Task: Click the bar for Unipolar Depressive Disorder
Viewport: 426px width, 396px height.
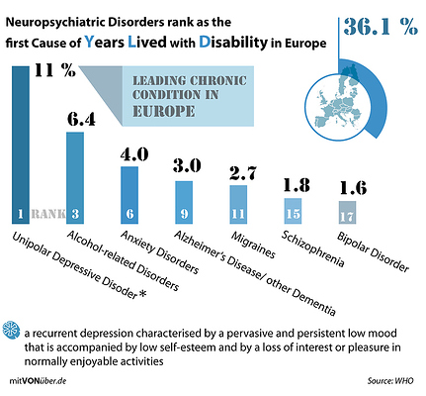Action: [21, 146]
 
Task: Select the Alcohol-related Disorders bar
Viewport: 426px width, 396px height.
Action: [75, 178]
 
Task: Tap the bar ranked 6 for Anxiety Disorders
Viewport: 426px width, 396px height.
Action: [129, 195]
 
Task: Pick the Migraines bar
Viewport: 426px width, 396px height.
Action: [238, 205]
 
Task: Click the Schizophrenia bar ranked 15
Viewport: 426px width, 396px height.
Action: [293, 211]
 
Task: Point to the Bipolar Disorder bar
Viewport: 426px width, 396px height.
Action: [347, 213]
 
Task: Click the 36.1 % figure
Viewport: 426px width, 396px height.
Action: [381, 27]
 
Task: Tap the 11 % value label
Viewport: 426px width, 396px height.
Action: [54, 69]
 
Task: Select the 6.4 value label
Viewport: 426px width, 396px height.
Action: [81, 120]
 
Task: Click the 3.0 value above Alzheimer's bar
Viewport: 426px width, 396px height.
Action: [187, 165]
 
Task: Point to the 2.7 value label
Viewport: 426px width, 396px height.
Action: [243, 173]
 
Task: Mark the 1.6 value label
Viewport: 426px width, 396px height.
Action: [353, 188]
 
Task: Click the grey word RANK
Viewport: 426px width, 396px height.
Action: [48, 214]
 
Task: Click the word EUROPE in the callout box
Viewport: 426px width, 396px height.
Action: [163, 111]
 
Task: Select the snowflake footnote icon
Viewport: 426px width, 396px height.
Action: [11, 330]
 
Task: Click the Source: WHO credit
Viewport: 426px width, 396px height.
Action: [390, 381]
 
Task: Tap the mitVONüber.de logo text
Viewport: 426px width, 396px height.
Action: [38, 381]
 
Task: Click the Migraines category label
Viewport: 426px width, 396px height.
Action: [253, 245]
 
